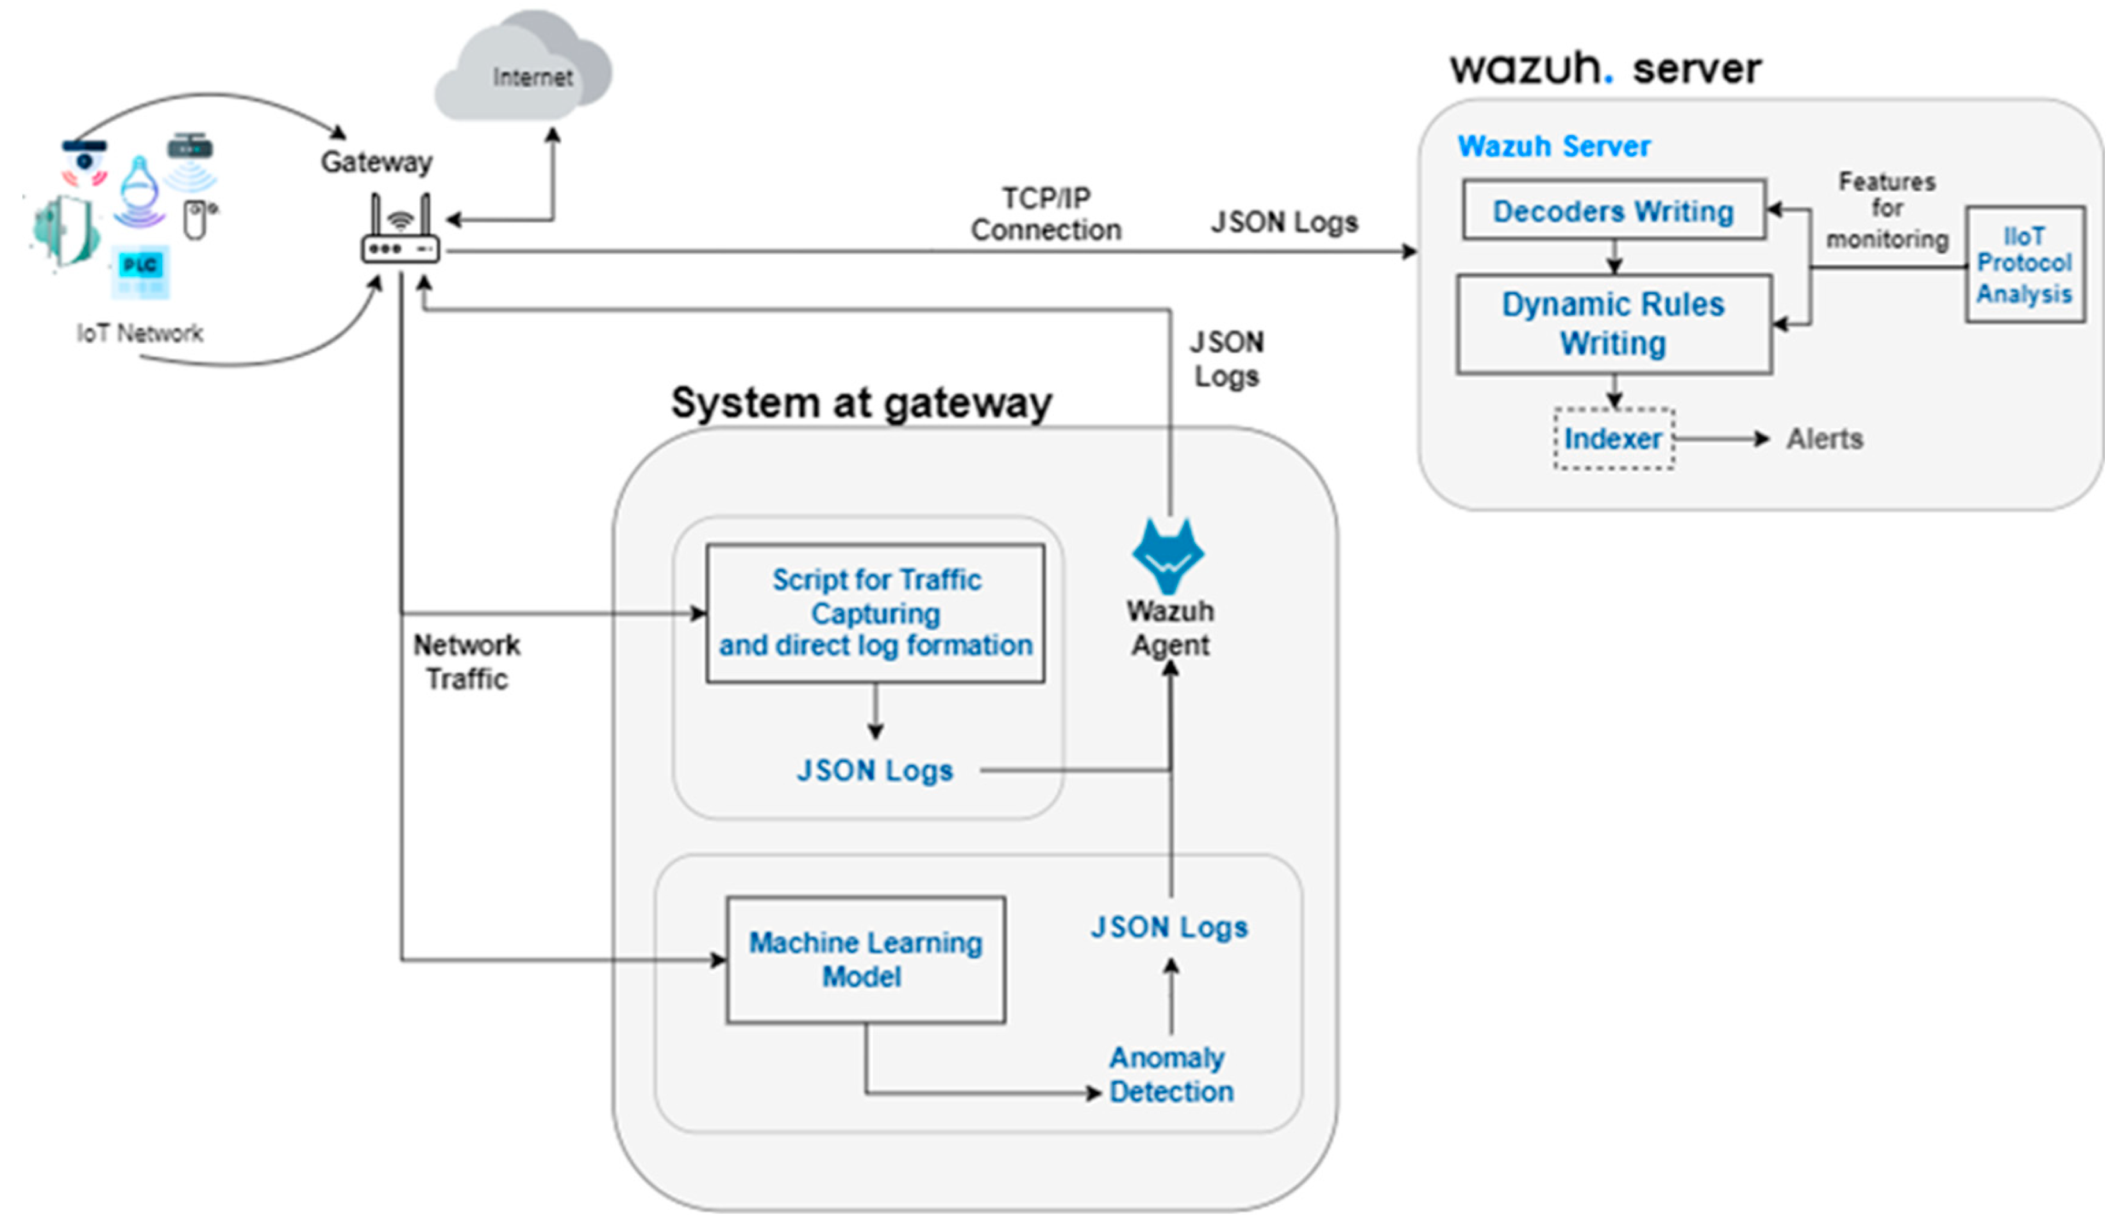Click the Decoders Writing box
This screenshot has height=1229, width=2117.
[1613, 210]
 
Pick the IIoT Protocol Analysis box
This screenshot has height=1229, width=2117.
[2025, 265]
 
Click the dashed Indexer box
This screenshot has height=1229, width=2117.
[1613, 439]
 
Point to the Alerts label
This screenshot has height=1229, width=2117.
[1825, 439]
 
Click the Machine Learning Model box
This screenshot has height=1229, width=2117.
[866, 959]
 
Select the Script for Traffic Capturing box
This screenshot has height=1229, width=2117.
[875, 612]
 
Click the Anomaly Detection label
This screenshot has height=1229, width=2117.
[1170, 1074]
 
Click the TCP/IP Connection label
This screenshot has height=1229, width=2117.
[1046, 214]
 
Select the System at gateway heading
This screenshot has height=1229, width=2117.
[861, 403]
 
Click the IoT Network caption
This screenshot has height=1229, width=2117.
[140, 333]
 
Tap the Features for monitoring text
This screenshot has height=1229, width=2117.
[1887, 210]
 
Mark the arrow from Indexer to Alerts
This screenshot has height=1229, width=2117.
[1722, 439]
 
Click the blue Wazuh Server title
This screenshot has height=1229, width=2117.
[1553, 146]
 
